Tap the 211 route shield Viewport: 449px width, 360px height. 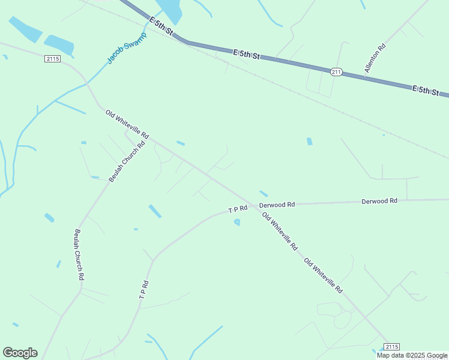(336, 72)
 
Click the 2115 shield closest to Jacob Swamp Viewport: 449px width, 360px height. (52, 58)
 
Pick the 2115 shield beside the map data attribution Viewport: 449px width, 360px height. (391, 347)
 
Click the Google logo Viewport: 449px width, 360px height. (20, 353)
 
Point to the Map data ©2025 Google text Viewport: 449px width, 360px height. (412, 355)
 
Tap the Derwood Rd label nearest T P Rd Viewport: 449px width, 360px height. (277, 205)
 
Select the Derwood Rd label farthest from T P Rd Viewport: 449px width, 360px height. (379, 201)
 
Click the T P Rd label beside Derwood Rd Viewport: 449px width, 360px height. (238, 209)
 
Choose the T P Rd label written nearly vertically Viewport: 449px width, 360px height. (143, 290)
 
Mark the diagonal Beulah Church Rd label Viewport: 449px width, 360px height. (127, 162)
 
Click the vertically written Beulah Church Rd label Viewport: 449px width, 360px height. (79, 255)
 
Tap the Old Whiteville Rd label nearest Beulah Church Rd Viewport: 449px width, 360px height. (127, 124)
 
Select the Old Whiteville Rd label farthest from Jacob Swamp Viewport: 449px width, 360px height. (323, 275)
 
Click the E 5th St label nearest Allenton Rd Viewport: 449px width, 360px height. (430, 91)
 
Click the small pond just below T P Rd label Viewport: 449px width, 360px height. (237, 222)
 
